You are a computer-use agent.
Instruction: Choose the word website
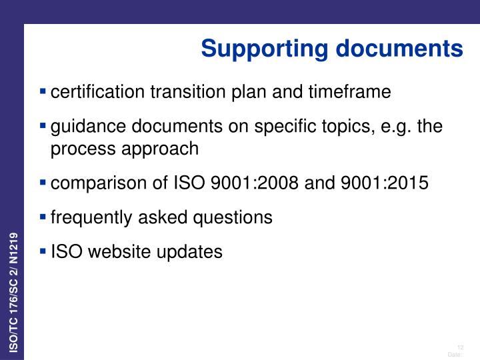117,252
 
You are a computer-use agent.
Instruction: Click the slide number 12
459,345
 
